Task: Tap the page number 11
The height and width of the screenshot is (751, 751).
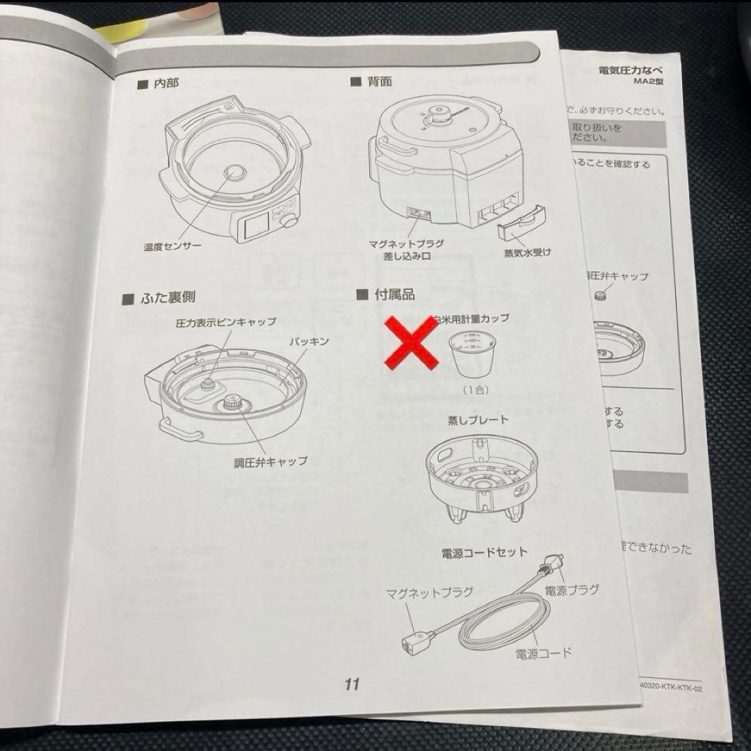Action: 352,684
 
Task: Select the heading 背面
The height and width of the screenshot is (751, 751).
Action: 380,81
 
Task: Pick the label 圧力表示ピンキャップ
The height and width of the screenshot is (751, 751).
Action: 225,322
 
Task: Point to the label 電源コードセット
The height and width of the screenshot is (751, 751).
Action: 485,553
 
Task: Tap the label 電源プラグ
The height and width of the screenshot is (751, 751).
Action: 572,591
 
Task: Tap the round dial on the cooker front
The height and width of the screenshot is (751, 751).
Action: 286,219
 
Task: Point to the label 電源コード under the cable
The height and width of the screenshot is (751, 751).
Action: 543,653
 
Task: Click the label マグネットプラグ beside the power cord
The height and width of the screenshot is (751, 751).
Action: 429,592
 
